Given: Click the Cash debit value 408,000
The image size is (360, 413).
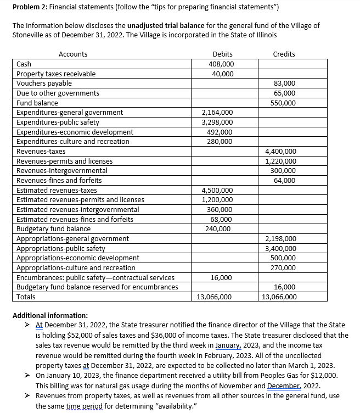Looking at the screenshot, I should (x=222, y=64).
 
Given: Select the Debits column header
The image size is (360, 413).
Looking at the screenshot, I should (x=222, y=54).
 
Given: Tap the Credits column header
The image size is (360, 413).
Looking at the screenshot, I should (x=284, y=54).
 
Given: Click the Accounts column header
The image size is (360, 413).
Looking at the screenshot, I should (x=72, y=54).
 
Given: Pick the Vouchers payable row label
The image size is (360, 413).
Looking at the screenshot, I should (x=44, y=83).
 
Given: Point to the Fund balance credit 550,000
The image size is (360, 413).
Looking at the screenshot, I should (x=284, y=103).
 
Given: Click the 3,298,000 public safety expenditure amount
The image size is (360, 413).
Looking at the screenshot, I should (x=218, y=122).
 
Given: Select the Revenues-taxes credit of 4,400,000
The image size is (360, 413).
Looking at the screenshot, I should (x=280, y=151).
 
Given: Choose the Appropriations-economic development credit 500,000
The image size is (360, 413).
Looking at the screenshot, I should (x=284, y=258).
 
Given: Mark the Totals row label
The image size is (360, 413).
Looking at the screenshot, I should (x=26, y=297).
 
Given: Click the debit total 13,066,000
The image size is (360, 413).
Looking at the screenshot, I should (x=214, y=297).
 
